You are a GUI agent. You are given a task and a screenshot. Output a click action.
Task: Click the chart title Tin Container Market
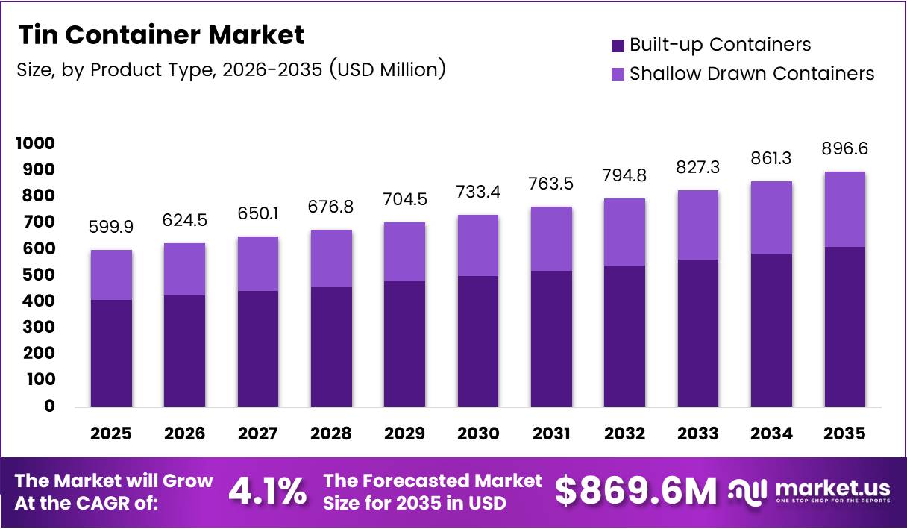point(161,34)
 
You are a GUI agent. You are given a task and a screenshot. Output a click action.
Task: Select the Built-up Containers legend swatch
point(618,45)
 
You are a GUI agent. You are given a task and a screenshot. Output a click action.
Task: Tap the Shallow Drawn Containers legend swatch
point(618,74)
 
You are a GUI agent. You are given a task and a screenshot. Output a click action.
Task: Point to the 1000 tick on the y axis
point(35,143)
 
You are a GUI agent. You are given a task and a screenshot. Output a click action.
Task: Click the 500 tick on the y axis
point(40,275)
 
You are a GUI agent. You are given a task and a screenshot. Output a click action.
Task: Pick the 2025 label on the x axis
point(111,433)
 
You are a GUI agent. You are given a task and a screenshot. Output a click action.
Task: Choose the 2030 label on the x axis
point(477,433)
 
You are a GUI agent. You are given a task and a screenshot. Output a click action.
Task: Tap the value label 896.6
point(844,149)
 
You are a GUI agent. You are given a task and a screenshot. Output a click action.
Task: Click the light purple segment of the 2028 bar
point(331,257)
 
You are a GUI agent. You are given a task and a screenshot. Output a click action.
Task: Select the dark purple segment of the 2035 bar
point(844,326)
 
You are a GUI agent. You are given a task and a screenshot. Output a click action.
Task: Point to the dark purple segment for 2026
point(184,351)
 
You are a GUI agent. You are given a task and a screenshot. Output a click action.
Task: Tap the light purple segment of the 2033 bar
point(697,225)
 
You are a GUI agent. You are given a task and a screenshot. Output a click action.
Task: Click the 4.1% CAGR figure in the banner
point(267,492)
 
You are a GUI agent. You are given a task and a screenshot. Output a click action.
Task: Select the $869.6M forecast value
point(635,491)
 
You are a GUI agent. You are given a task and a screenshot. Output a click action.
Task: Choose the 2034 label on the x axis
point(771,433)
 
